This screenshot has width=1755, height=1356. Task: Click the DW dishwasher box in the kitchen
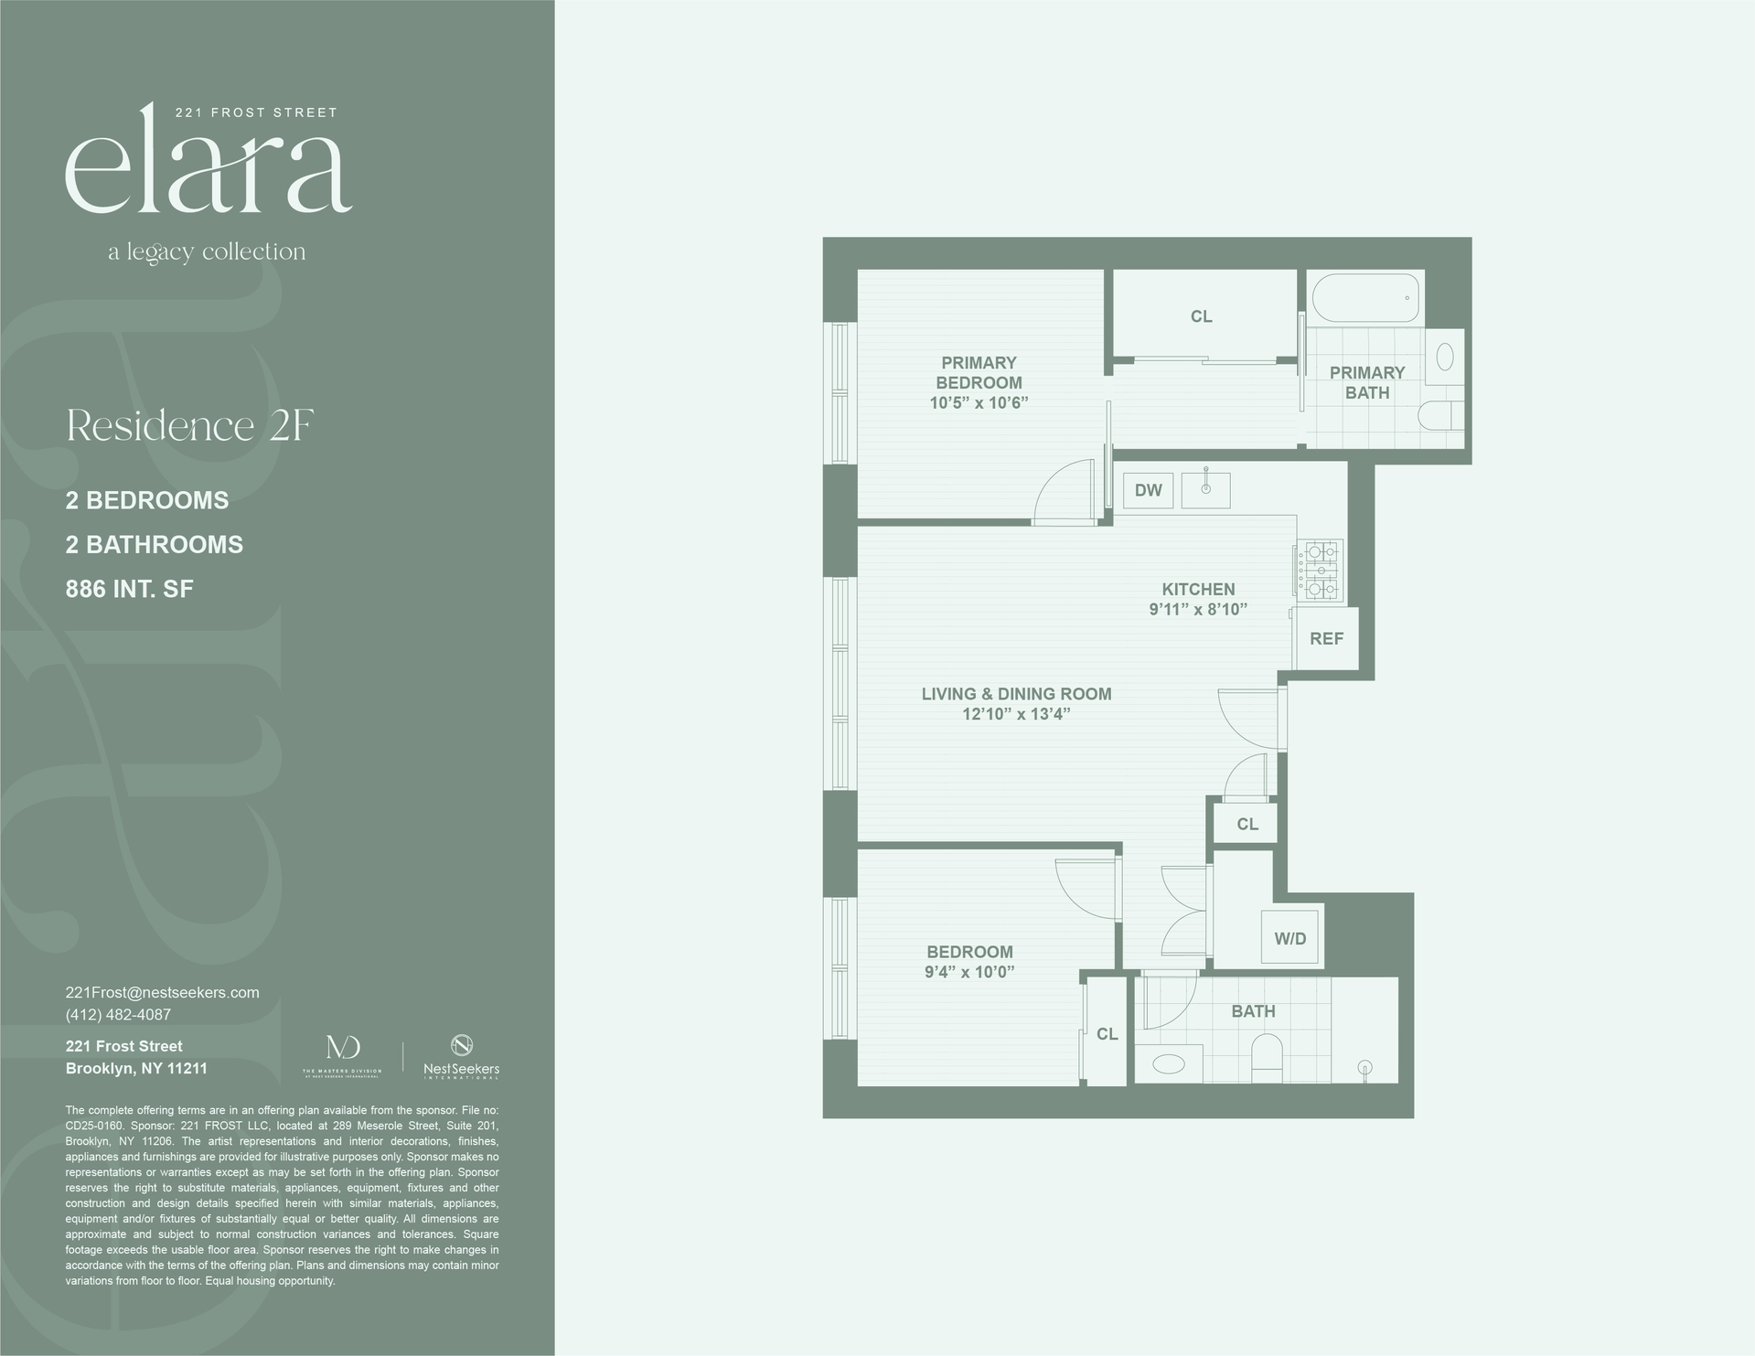pos(1148,490)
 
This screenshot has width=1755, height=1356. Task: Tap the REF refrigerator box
pos(1325,638)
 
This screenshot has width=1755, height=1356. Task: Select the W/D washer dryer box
pos(1289,937)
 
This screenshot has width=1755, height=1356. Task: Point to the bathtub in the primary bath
pos(1365,298)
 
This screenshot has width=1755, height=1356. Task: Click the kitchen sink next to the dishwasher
pos(1205,490)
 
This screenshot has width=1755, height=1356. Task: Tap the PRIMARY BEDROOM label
pos(979,373)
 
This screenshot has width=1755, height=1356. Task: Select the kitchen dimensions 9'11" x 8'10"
pos(1198,610)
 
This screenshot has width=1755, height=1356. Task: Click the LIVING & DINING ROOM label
pos(1016,694)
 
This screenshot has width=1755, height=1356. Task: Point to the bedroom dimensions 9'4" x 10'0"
pos(969,972)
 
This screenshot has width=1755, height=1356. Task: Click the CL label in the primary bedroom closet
pos(1201,316)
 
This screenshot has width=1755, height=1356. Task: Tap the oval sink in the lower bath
pos(1168,1063)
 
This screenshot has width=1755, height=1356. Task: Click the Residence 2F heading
pos(190,426)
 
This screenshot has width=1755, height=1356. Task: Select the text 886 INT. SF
pos(129,589)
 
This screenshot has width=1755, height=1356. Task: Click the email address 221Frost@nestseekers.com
pos(163,992)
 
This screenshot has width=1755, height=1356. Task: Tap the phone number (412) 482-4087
pos(118,1015)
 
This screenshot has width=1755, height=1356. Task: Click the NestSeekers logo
pos(461,1056)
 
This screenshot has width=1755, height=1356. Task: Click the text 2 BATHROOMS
pos(154,545)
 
